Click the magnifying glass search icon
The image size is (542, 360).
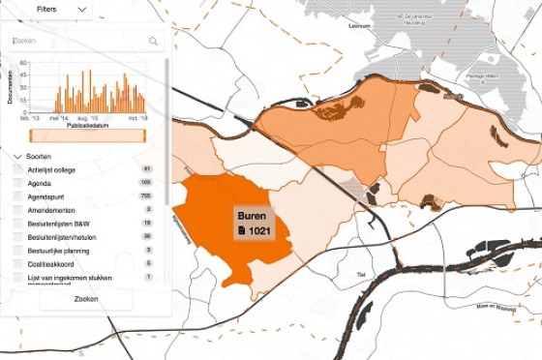tap(153, 42)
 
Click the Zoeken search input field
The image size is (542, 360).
tap(77, 42)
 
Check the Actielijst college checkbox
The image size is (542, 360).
tap(18, 170)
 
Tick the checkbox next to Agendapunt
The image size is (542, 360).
tap(18, 196)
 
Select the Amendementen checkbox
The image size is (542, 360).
tap(18, 210)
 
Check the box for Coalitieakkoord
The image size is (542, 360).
tap(18, 263)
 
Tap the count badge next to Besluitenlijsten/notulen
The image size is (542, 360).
tap(147, 236)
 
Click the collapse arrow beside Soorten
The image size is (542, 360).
tap(17, 156)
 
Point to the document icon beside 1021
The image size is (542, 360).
tap(243, 231)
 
